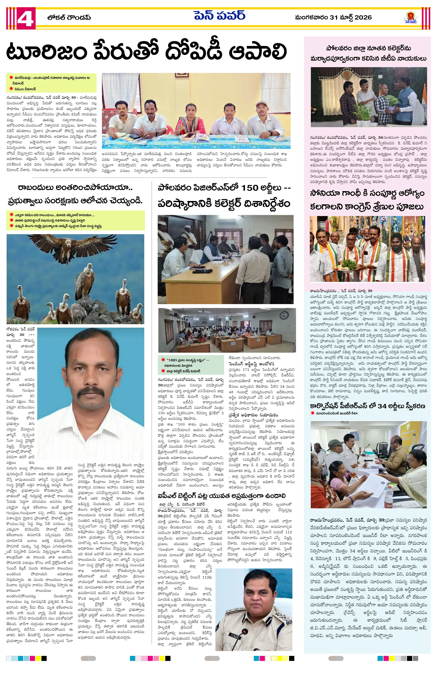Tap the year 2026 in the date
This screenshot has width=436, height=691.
click(x=363, y=18)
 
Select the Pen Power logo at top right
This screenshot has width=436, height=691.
click(x=411, y=18)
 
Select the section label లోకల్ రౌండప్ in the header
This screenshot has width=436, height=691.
click(x=69, y=18)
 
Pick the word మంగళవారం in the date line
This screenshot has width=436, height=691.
click(x=311, y=18)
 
